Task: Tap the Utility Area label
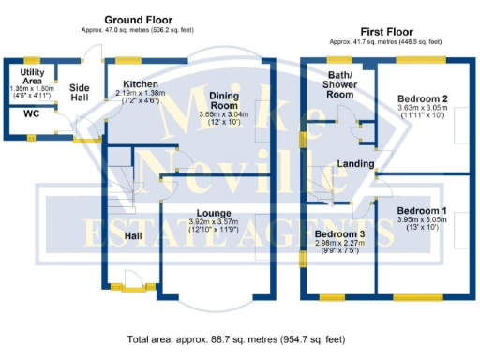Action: tap(31, 77)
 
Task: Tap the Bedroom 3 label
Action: tap(340, 233)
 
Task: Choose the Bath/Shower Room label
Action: tap(339, 84)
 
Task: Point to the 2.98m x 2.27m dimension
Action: tap(340, 245)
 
